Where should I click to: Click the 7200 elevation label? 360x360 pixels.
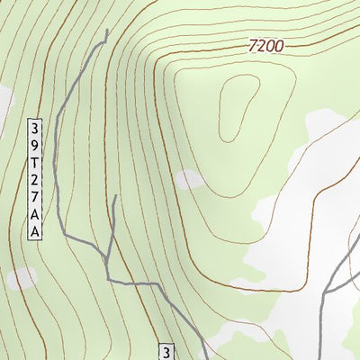266,45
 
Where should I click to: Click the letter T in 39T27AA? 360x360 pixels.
36,163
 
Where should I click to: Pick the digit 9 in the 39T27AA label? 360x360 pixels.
36,145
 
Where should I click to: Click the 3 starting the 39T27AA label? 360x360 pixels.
36,127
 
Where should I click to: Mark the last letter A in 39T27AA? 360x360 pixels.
36,232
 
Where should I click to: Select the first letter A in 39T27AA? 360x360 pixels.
36,215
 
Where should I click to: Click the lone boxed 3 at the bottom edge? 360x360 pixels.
166,351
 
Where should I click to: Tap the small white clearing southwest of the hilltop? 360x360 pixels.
189,180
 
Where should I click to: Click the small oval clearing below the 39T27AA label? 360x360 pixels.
22,278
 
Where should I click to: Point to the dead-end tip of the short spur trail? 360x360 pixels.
114,196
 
